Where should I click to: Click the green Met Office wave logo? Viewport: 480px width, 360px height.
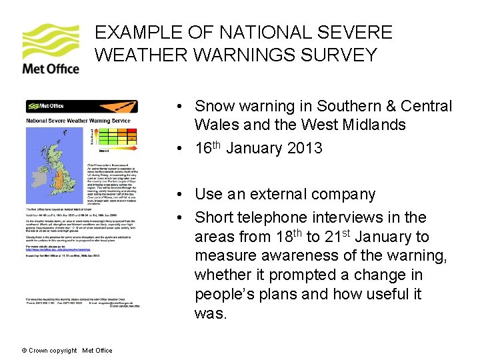(50, 41)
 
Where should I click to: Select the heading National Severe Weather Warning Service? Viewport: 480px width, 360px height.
(78, 121)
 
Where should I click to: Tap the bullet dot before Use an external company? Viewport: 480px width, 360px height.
(181, 195)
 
